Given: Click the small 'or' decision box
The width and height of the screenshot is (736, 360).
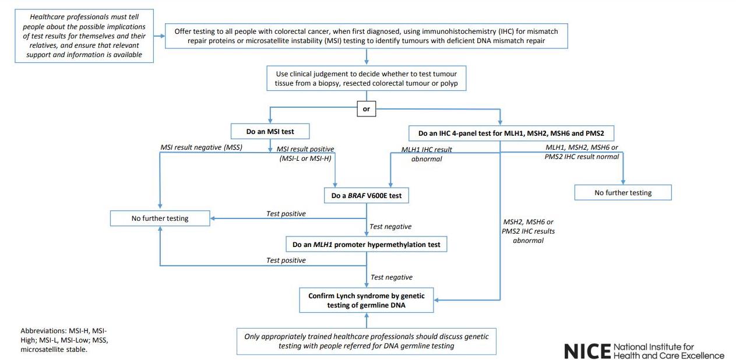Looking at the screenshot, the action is [366, 109].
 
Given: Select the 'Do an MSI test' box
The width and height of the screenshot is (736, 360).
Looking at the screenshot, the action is [270, 132].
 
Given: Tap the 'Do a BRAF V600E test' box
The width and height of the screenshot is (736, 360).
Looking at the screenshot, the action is [367, 196].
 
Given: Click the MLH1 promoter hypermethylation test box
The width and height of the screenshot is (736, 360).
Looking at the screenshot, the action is [367, 245].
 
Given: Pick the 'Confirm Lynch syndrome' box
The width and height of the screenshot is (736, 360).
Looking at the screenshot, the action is [367, 300].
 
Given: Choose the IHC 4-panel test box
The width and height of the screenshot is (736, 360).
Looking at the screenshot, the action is [511, 133].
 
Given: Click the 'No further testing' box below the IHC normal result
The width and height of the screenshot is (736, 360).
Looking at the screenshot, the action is [623, 192].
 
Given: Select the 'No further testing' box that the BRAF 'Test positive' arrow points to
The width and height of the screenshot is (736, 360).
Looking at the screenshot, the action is [160, 218].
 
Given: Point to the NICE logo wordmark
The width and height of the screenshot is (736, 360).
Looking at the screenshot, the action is [645, 351].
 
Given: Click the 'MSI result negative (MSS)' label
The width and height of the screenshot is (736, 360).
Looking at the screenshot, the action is [202, 147].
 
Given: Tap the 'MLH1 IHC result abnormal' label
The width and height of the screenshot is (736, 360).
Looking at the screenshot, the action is [427, 154].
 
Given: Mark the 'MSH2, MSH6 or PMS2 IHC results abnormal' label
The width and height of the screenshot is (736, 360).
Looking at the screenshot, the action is [528, 231].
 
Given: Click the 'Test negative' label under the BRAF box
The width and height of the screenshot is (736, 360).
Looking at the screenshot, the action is [390, 227].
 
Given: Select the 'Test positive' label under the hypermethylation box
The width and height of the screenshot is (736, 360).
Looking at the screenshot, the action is [286, 260].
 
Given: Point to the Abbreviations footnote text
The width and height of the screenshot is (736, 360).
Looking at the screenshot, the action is [65, 340].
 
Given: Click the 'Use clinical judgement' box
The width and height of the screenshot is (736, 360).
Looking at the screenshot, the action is [367, 78].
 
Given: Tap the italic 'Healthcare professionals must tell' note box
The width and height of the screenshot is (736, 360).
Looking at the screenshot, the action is [84, 36].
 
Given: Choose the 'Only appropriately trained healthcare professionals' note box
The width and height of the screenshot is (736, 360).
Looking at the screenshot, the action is [367, 341].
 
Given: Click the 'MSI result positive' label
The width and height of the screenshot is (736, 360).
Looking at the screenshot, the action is [305, 153].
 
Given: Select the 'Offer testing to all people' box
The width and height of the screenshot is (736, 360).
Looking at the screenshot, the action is [367, 36].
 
